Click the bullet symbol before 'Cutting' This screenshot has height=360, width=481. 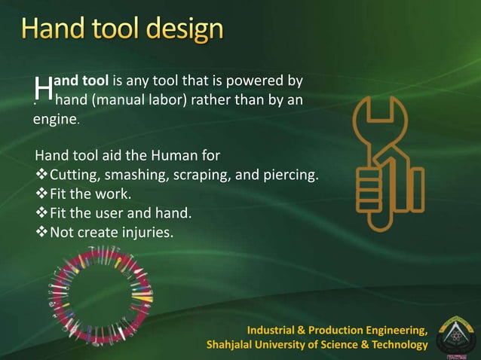(41, 175)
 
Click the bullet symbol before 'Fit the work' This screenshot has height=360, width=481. (41, 194)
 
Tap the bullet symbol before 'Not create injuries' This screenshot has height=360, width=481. (41, 231)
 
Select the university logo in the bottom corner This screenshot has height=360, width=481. (455, 334)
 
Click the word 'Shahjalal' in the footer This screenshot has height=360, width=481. (235, 345)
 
